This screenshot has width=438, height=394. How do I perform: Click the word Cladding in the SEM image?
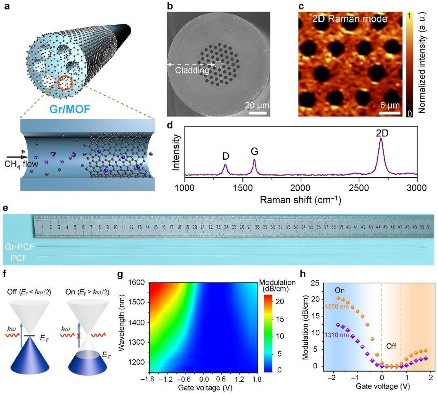pyautogui.click(x=192, y=70)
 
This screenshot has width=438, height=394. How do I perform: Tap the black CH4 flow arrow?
pyautogui.click(x=15, y=156)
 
